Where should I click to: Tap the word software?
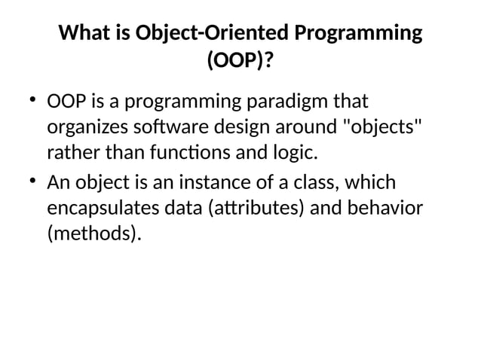coord(174,129)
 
